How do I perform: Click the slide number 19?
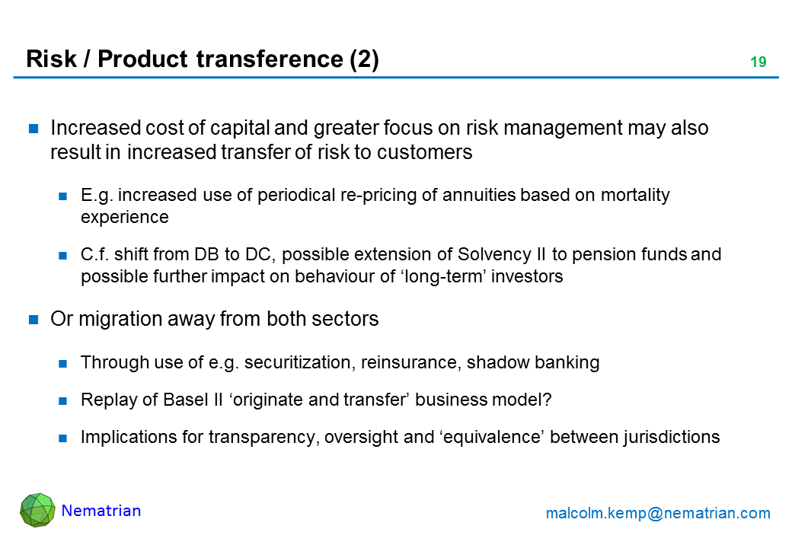click(x=758, y=62)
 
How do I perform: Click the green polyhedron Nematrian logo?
click(x=37, y=510)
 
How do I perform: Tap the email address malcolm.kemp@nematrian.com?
click(x=658, y=513)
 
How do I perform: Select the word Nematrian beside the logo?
click(x=101, y=511)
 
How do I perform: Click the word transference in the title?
click(x=270, y=59)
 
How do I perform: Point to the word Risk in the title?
click(x=51, y=59)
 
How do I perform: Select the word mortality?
click(x=635, y=195)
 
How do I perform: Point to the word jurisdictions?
click(x=671, y=437)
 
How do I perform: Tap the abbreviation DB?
click(x=206, y=254)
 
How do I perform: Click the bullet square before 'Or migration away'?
click(x=34, y=320)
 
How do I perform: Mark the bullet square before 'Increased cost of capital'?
click(x=34, y=129)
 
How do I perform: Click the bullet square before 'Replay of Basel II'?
click(x=63, y=401)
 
